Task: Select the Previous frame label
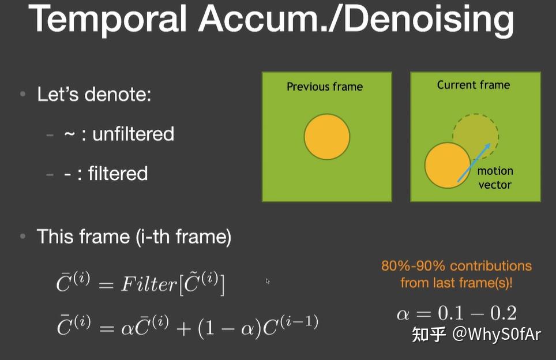[325, 87]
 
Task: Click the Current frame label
[474, 85]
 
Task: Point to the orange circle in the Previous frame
[327, 137]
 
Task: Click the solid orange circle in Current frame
[448, 166]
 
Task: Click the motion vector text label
[495, 178]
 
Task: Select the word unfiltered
[133, 134]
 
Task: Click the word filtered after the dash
[118, 174]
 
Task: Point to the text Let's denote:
[94, 94]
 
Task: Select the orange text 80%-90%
[413, 266]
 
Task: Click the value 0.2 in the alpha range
[501, 313]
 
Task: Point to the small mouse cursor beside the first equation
[268, 281]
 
